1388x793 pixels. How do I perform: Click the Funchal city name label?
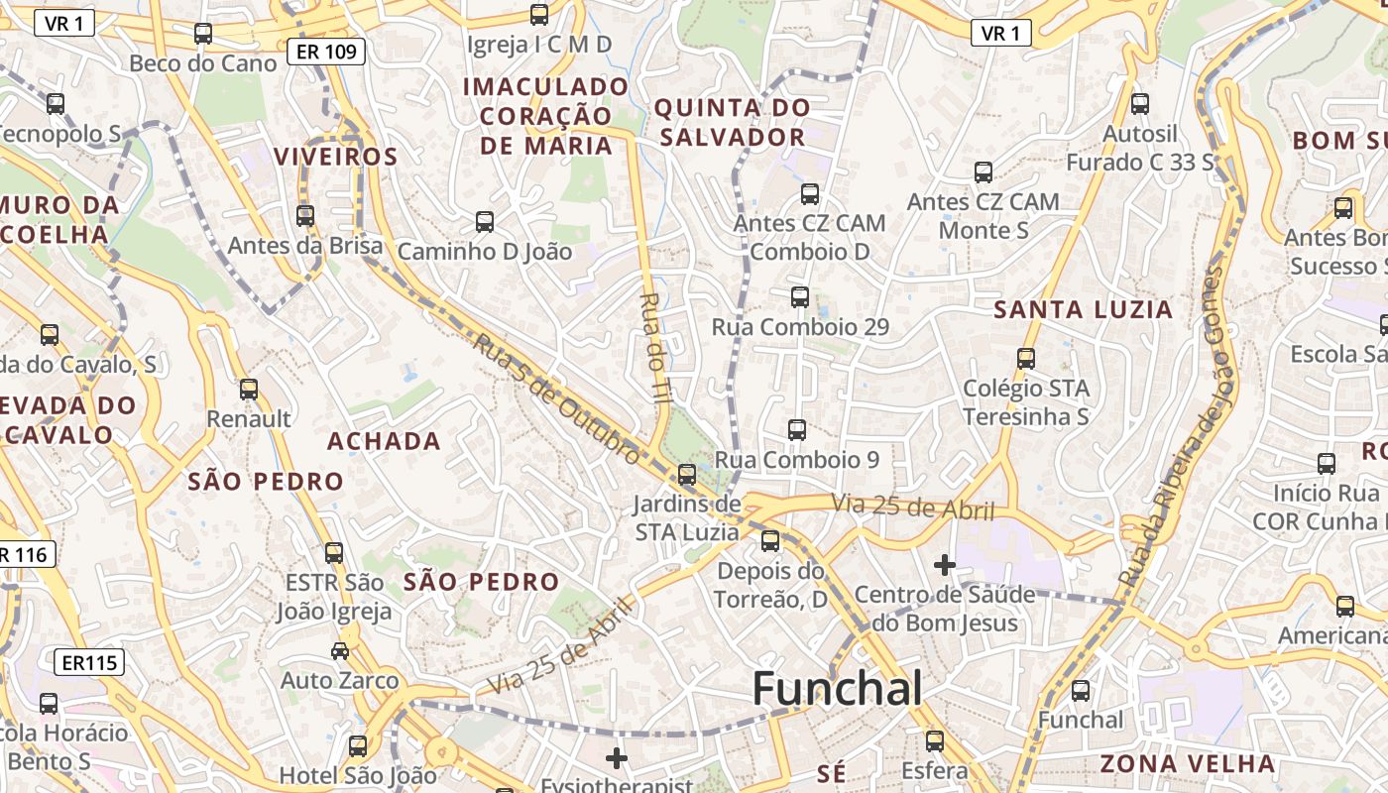838,689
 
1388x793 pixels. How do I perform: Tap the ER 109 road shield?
326,52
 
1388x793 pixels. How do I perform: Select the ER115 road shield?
89,662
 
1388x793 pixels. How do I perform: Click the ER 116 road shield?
24,555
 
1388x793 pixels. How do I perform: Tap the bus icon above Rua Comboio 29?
799,296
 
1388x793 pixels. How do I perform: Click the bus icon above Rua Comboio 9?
796,429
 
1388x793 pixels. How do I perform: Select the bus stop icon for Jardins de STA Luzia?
686,474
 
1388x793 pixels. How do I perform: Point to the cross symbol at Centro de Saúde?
944,565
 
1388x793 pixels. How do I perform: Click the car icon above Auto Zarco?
339,650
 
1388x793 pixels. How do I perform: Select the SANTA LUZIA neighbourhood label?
1083,310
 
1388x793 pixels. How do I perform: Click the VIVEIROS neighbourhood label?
335,157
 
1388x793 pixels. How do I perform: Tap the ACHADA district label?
384,441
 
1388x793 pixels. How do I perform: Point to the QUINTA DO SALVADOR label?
732,122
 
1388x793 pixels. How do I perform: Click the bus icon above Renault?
248,389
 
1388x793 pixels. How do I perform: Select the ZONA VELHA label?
1187,763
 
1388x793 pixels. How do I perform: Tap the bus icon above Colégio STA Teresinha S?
1025,358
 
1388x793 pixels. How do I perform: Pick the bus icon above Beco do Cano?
203,33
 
